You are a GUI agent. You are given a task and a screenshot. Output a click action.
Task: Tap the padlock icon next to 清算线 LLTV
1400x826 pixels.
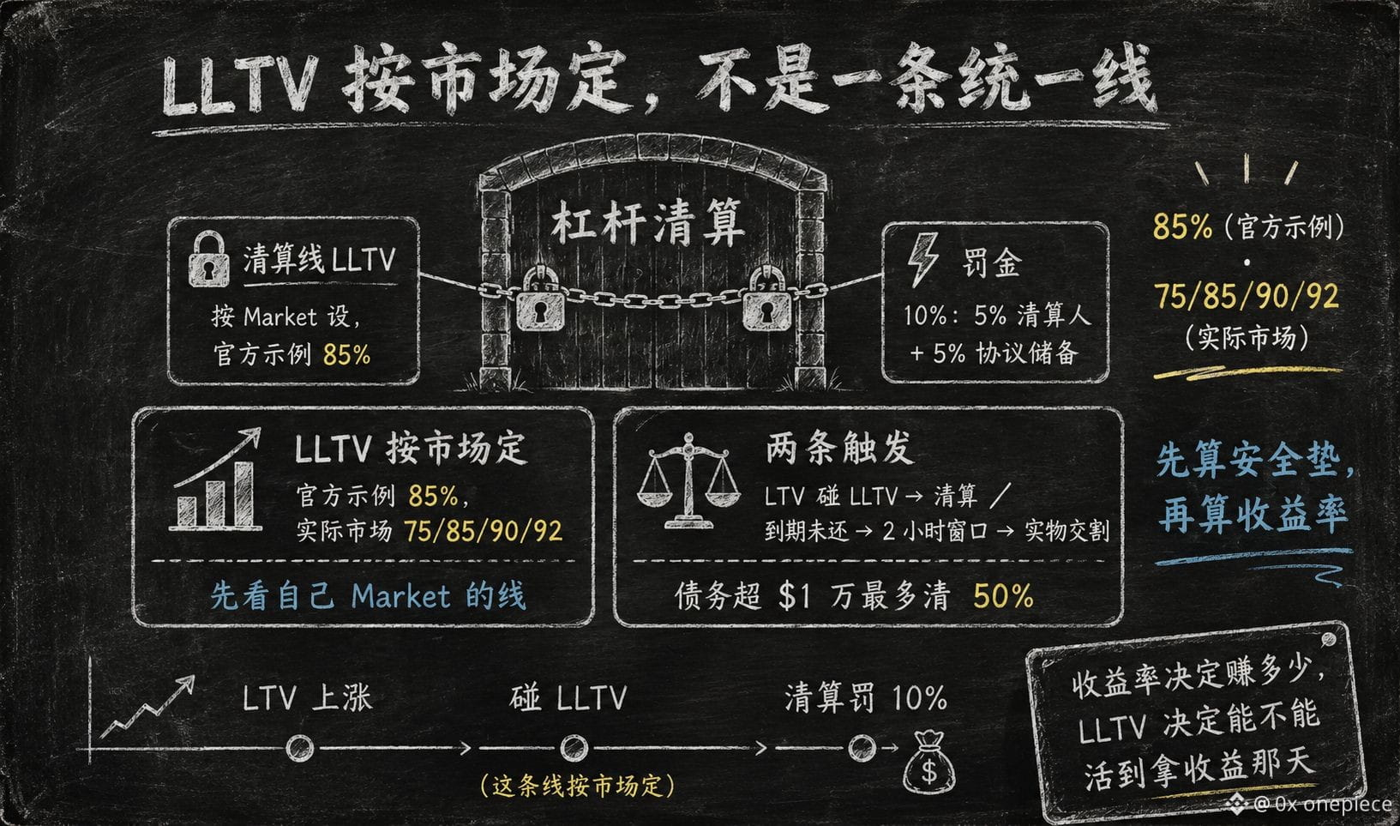click(x=208, y=259)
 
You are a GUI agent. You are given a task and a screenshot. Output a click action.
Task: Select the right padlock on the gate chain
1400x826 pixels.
click(x=767, y=298)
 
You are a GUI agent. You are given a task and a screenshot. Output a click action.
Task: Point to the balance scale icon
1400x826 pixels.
click(x=688, y=480)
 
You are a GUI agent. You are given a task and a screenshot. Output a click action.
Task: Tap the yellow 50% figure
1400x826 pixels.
click(x=1003, y=596)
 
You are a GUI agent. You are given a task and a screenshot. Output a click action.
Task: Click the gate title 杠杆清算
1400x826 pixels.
click(x=648, y=223)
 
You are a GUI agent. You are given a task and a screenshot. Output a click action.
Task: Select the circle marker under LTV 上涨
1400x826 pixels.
click(x=299, y=748)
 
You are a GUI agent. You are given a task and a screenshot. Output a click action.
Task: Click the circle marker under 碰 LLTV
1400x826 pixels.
click(x=574, y=748)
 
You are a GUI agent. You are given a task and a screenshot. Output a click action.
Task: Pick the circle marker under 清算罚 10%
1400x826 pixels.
click(x=862, y=747)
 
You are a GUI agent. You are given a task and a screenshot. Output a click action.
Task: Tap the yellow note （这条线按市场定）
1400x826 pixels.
click(x=577, y=786)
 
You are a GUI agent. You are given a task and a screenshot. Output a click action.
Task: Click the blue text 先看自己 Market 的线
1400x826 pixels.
click(x=368, y=596)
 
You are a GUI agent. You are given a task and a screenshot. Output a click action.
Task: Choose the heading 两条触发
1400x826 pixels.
click(x=839, y=449)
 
